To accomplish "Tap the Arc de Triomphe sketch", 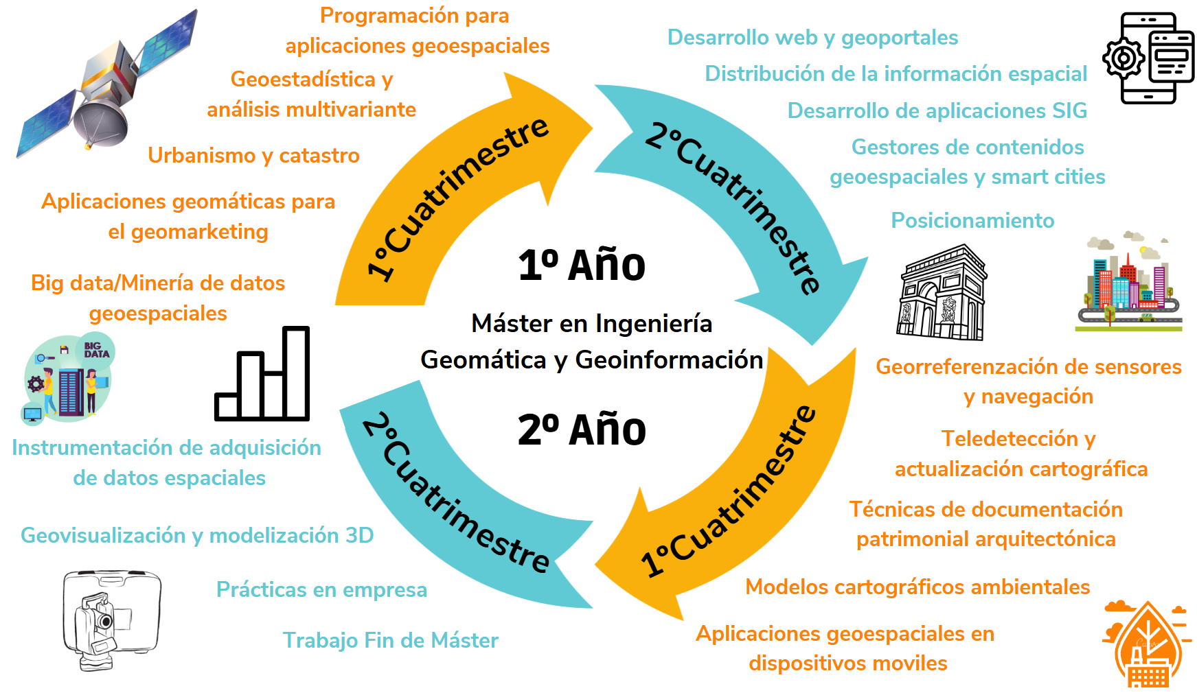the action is (x=942, y=292).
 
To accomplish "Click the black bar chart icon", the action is (x=262, y=373).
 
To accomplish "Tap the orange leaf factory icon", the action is (x=1147, y=644).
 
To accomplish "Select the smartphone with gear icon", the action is (x=1149, y=58).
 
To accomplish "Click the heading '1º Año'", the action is (x=582, y=266).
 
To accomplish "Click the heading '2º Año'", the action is (x=582, y=430).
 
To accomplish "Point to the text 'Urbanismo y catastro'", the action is (x=253, y=156).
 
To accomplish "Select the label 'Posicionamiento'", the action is (x=972, y=220).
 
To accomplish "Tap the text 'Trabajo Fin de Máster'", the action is (x=391, y=640).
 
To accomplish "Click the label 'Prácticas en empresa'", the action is (x=321, y=589).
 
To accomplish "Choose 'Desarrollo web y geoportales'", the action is (x=812, y=38).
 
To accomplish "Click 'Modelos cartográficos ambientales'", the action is (x=917, y=587).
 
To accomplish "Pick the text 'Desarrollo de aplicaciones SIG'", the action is (x=937, y=110).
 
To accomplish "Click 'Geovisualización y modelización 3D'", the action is (x=197, y=535).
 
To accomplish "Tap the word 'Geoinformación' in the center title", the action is (x=669, y=360).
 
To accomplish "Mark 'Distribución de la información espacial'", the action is (x=896, y=74).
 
